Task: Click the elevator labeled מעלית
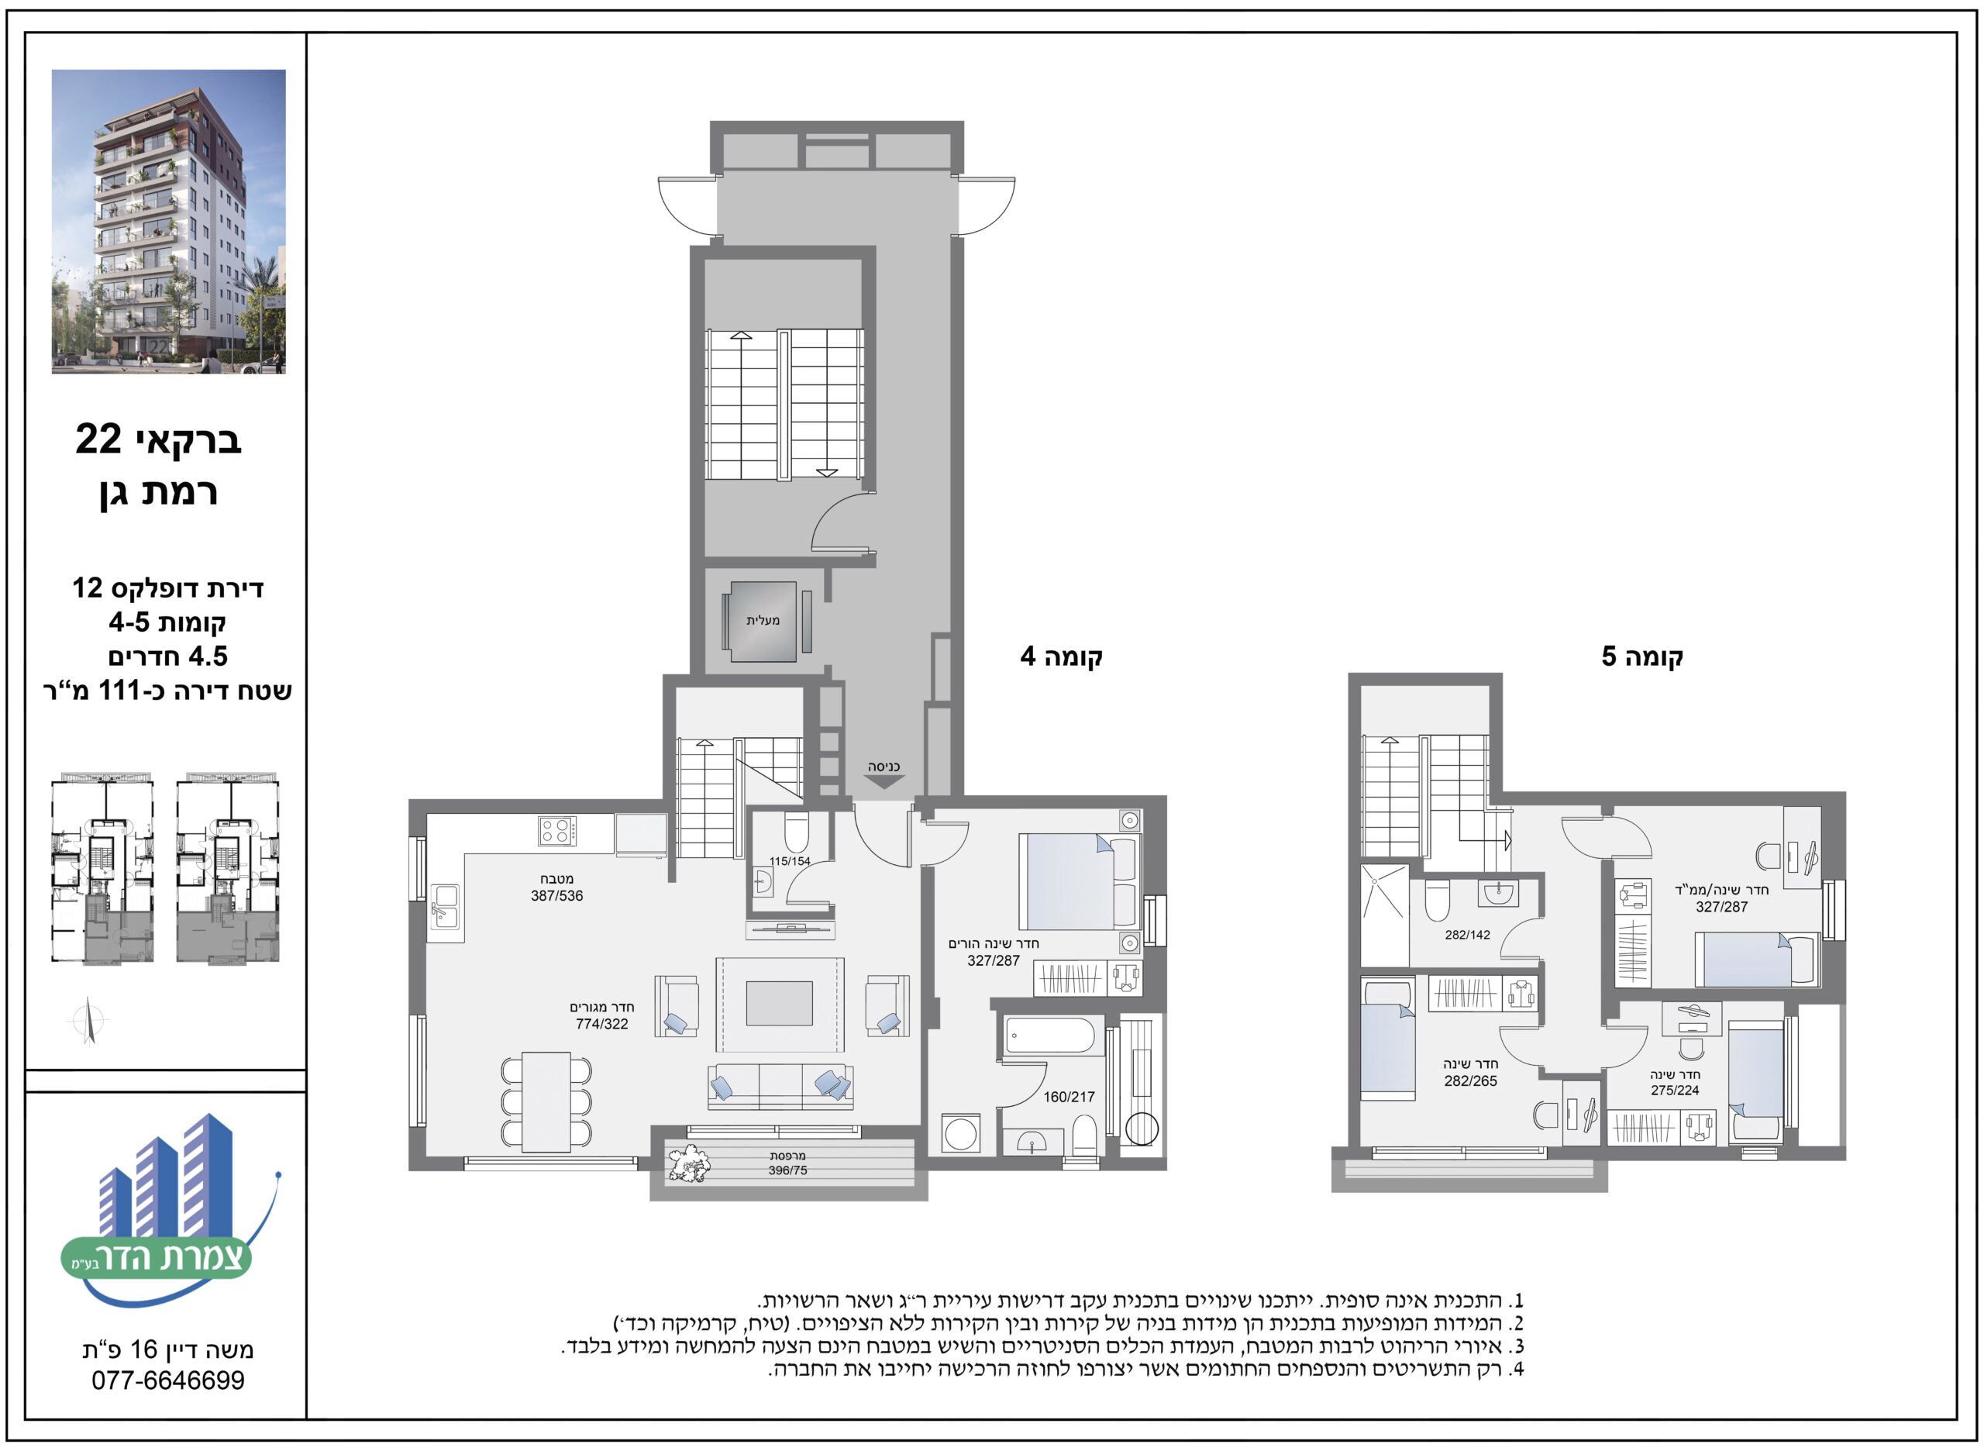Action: pos(762,621)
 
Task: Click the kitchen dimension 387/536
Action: pos(556,896)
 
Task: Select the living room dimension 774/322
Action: pos(601,1024)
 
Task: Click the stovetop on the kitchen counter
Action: pos(558,830)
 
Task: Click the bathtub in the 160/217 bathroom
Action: pos(1049,1036)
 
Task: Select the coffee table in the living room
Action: pos(779,1003)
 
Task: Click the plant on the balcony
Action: pos(688,1163)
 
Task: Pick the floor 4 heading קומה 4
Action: pos(1061,656)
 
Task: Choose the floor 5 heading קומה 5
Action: pos(1641,656)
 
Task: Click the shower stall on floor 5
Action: pos(1385,891)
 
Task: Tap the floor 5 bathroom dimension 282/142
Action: pos(1468,936)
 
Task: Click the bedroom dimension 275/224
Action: pos(1675,1091)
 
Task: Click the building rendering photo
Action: pos(169,222)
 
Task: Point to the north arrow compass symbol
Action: pos(88,1022)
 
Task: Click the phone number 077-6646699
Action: pos(169,1380)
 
